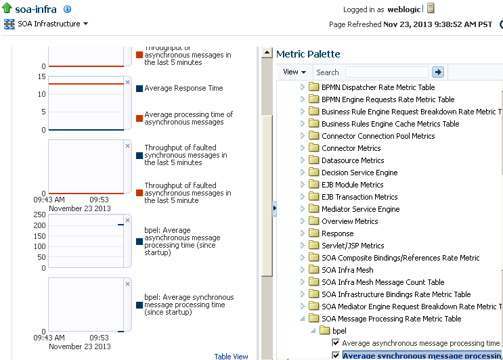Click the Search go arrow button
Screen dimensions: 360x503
coord(438,72)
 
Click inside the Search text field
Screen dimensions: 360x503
coord(387,72)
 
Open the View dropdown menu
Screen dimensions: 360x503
coord(294,72)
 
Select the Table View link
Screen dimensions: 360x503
coord(231,357)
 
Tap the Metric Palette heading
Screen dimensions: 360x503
coord(308,53)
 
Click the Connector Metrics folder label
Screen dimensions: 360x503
coord(351,148)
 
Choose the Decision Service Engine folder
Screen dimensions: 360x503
coord(359,173)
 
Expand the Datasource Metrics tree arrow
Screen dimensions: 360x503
coord(303,160)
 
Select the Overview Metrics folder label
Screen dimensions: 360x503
coord(349,221)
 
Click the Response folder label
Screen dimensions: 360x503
coord(337,233)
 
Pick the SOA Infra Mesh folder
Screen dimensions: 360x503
coord(347,270)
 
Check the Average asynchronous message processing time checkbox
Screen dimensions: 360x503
coord(336,343)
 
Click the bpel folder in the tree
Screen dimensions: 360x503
coord(339,331)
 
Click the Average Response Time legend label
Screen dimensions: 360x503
coord(183,88)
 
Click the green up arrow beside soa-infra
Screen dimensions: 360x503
coord(7,9)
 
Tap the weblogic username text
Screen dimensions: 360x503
coord(405,9)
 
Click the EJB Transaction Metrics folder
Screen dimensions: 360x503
coord(359,197)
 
